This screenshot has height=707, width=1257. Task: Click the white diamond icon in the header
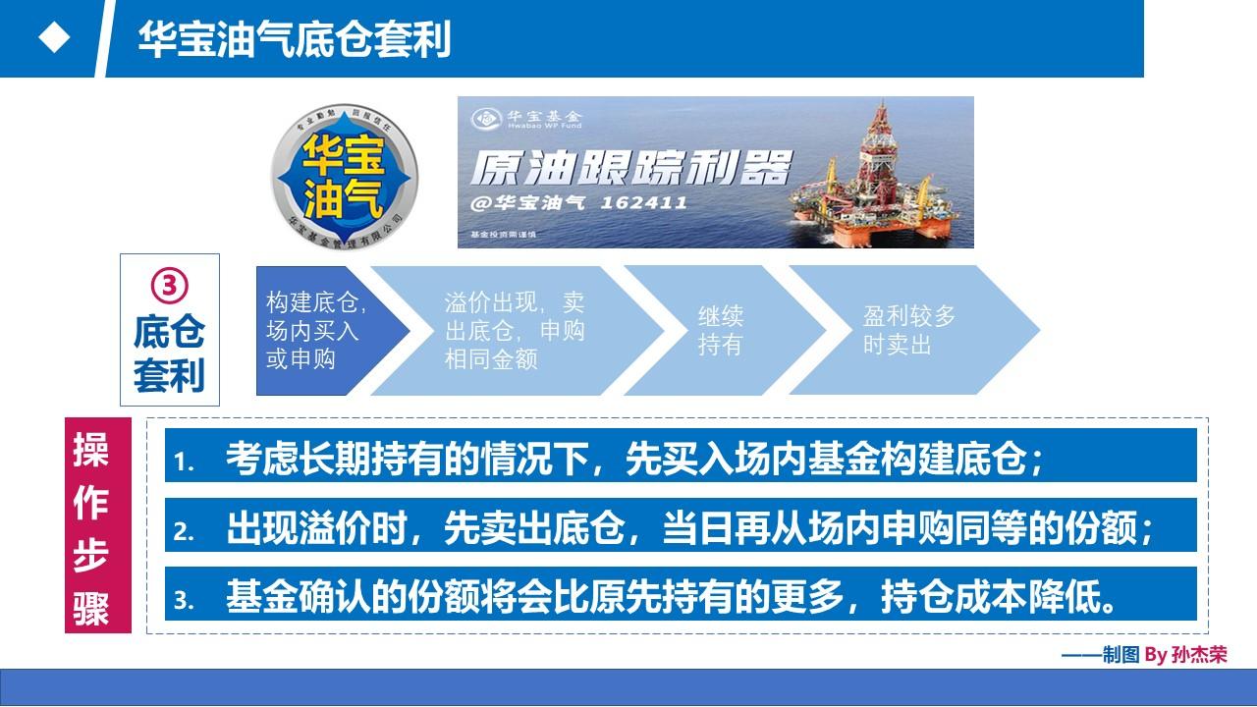[54, 38]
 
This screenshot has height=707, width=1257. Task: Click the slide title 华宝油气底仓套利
[295, 40]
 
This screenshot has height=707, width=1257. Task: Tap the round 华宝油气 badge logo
[344, 173]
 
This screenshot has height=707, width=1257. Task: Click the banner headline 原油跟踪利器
[630, 168]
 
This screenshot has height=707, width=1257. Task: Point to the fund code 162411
[645, 203]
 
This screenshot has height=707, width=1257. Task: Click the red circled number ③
[169, 286]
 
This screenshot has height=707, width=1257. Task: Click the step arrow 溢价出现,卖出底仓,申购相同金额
[516, 330]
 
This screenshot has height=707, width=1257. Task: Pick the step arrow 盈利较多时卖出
[908, 330]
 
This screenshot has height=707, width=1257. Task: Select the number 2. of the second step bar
[185, 531]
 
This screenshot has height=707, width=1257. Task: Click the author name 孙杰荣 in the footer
[1199, 655]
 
